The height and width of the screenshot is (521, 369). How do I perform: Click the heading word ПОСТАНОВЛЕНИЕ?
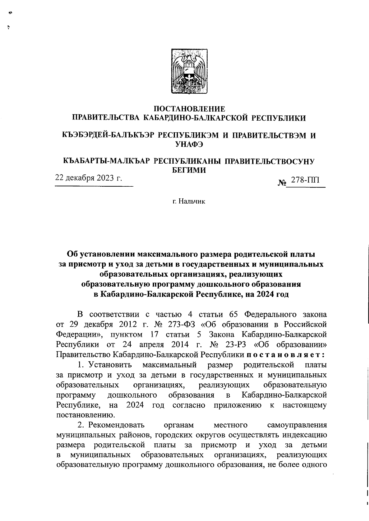pyautogui.click(x=189, y=109)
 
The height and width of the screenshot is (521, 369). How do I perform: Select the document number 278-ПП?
pyautogui.click(x=305, y=180)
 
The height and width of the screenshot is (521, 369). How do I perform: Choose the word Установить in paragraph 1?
pyautogui.click(x=110, y=365)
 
